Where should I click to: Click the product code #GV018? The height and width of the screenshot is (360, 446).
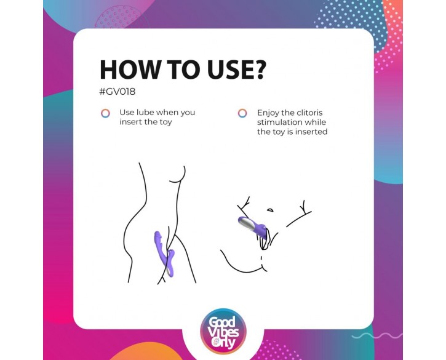pyautogui.click(x=117, y=92)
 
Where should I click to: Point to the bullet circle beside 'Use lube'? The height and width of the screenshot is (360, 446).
pyautogui.click(x=106, y=113)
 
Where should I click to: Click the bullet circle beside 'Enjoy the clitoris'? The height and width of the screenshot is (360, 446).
pyautogui.click(x=242, y=113)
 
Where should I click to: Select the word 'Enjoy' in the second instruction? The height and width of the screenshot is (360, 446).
pyautogui.click(x=268, y=113)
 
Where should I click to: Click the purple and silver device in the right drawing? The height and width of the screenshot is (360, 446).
pyautogui.click(x=253, y=226)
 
